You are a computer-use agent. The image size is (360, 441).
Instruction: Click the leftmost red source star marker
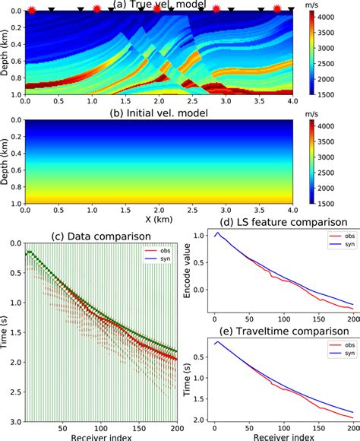[x=32, y=11]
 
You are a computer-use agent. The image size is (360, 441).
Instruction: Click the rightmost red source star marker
[x=277, y=9]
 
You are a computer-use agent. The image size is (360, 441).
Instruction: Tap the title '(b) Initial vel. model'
[x=159, y=113]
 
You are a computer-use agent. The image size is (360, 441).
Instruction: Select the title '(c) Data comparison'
[x=101, y=236]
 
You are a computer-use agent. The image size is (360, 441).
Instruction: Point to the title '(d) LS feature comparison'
[x=283, y=222]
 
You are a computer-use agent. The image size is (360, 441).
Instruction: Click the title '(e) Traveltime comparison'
[x=284, y=331]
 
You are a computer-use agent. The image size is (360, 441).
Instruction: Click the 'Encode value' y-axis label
[x=187, y=271]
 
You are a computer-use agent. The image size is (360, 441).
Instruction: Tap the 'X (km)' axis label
[x=159, y=219]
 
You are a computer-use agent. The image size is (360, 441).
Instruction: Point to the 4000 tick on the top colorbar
[x=326, y=17]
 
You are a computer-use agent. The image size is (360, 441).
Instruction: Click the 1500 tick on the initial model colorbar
[x=326, y=204]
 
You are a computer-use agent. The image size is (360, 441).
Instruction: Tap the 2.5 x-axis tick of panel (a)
[x=192, y=100]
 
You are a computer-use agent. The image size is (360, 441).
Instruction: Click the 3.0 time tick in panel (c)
[x=16, y=421]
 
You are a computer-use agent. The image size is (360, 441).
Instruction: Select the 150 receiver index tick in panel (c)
[x=139, y=428]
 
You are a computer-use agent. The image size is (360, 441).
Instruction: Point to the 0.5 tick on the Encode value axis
[x=199, y=262]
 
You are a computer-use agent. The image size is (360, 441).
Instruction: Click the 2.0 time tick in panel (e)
[x=199, y=420]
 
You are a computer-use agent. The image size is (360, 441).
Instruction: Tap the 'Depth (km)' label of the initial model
[x=5, y=161]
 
